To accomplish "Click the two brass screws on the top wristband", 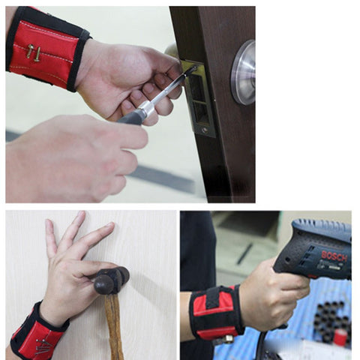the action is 34,52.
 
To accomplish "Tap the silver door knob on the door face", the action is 243,72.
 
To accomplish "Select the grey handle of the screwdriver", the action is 130,117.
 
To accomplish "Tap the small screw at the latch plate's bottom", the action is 205,130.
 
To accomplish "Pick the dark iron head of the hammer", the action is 112,280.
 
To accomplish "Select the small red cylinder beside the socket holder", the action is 340,337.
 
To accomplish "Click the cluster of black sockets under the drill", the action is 329,322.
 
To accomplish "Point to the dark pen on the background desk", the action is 244,254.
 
